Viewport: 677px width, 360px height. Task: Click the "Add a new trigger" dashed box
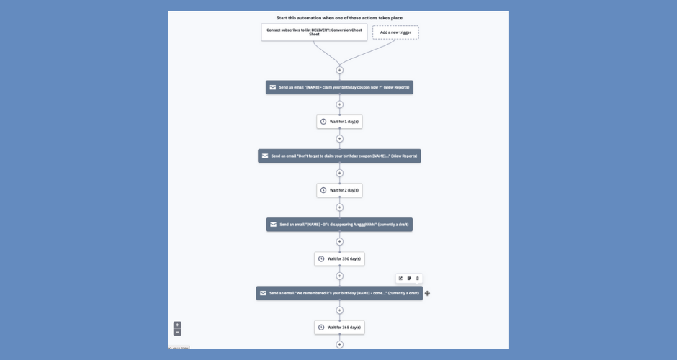(x=395, y=32)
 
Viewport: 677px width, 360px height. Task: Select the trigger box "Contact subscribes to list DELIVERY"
(x=314, y=32)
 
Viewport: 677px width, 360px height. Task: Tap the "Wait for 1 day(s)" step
(x=339, y=122)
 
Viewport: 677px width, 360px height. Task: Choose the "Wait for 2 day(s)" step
(x=339, y=190)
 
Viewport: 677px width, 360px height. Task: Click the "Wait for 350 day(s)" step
(x=339, y=258)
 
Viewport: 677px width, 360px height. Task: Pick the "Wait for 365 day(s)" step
(x=339, y=328)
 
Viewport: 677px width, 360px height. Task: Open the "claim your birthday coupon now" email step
(x=339, y=87)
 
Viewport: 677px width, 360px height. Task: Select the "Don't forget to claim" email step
(x=339, y=156)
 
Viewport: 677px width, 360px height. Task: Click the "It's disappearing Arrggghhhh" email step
(x=339, y=225)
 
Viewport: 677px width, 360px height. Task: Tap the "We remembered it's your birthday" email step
(x=339, y=293)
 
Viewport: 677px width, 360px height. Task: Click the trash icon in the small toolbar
(x=418, y=279)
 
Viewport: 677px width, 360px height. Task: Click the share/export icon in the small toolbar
(x=400, y=279)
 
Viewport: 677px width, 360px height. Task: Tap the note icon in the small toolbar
(x=409, y=279)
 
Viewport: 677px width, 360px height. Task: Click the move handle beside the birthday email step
(x=428, y=293)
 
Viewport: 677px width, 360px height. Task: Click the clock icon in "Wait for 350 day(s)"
(x=320, y=258)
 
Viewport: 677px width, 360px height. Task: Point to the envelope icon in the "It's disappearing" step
(x=273, y=225)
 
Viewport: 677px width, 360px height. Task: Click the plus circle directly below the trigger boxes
(x=339, y=70)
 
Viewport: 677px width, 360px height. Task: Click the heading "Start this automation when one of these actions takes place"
(x=339, y=17)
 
